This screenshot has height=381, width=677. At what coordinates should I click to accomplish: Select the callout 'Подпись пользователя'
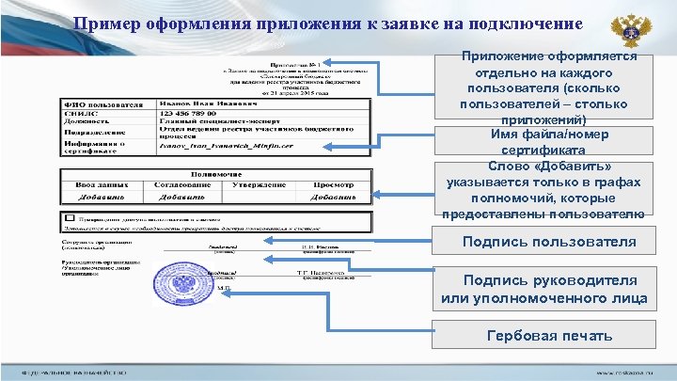pyautogui.click(x=549, y=242)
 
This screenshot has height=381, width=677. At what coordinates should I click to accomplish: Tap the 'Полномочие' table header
pyautogui.click(x=216, y=174)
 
